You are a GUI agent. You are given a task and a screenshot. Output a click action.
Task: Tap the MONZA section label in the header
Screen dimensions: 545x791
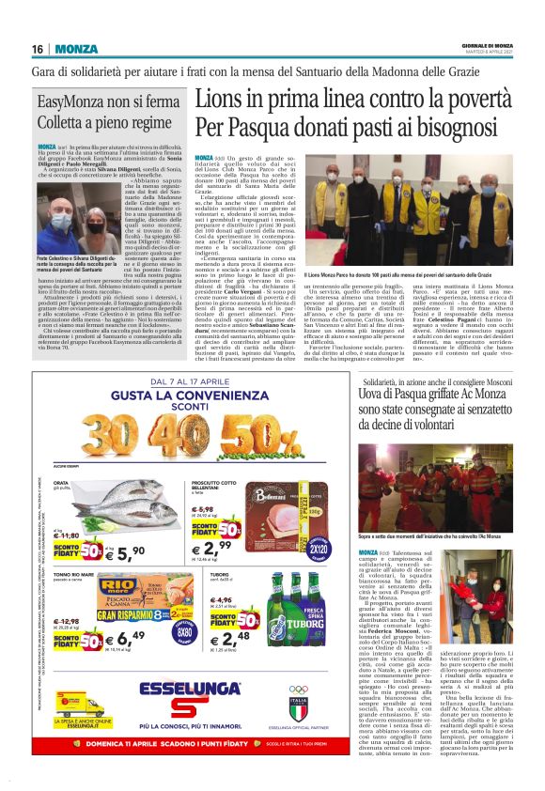75,49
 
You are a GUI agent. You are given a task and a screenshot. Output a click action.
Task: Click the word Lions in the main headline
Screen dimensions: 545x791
224,100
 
